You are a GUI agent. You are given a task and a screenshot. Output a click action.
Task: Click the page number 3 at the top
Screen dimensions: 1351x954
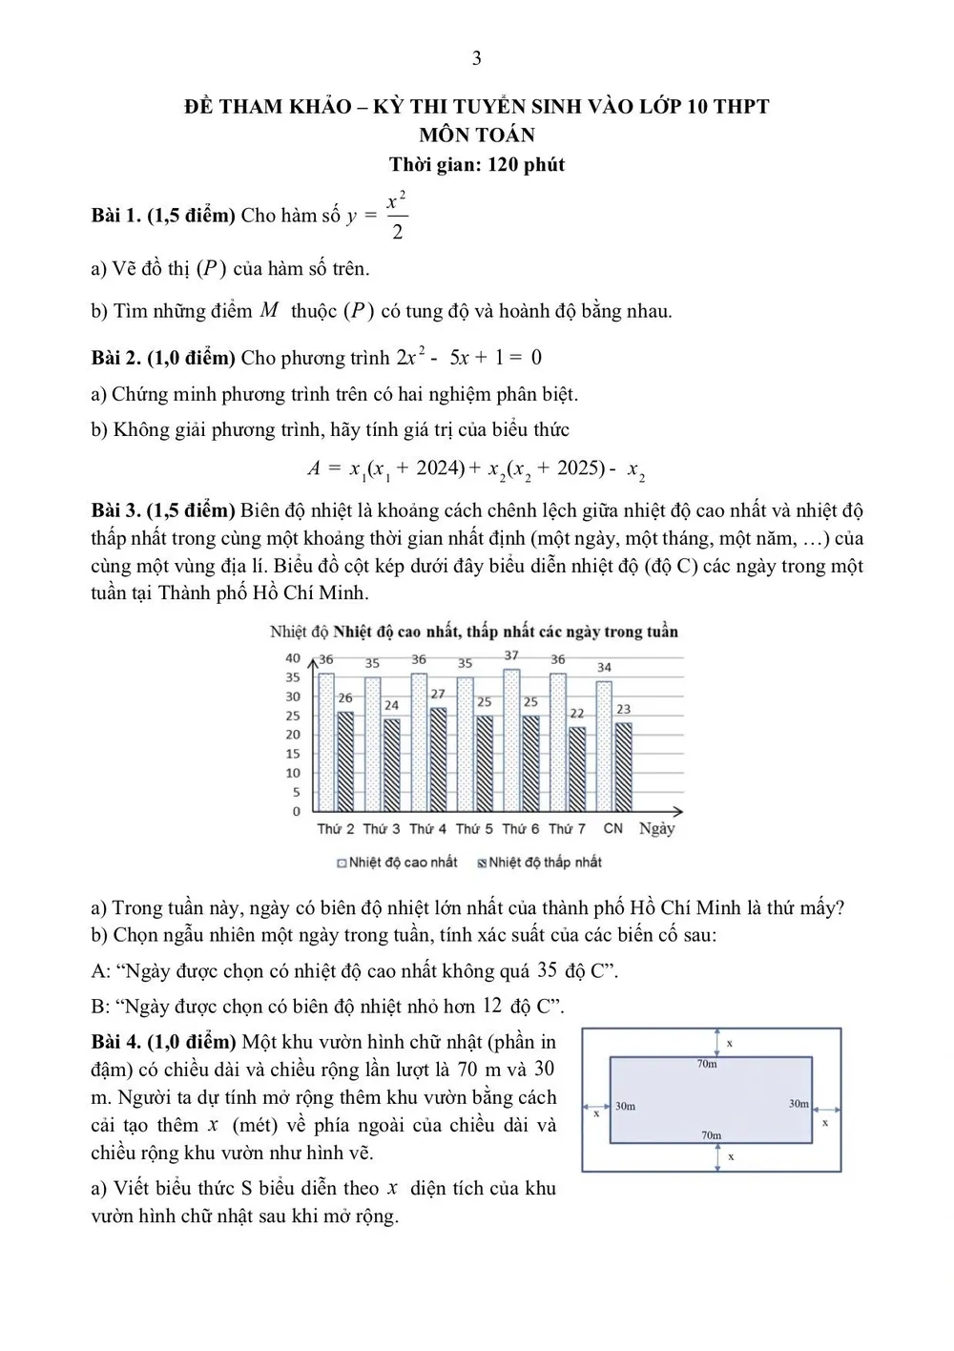click(x=476, y=58)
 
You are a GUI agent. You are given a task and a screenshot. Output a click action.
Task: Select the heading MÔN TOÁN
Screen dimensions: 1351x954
click(x=476, y=135)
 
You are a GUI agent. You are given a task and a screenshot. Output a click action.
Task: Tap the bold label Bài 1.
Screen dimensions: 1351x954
click(x=115, y=216)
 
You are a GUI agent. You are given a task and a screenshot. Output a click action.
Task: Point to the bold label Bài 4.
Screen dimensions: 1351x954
click(x=115, y=1042)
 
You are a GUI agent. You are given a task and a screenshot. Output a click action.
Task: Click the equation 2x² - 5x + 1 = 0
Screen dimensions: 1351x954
click(x=468, y=358)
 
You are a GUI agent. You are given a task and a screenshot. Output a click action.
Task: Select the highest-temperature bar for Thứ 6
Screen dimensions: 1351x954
click(x=512, y=739)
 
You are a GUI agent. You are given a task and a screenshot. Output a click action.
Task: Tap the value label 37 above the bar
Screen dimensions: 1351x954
click(x=512, y=655)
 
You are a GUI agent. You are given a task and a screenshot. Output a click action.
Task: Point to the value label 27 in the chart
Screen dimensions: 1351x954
click(x=438, y=695)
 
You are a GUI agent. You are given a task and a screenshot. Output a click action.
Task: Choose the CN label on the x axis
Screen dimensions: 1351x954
click(x=612, y=828)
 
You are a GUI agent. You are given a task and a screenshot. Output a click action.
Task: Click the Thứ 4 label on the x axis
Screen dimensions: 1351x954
click(x=427, y=829)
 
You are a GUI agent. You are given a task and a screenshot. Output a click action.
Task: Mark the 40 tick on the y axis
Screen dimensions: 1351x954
click(x=293, y=658)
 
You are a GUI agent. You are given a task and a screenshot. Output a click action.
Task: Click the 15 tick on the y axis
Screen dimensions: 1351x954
click(x=293, y=754)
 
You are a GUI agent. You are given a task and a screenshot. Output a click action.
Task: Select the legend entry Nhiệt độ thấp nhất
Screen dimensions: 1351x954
click(x=540, y=863)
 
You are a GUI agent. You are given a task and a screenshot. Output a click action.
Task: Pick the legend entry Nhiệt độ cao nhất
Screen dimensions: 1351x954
click(x=398, y=863)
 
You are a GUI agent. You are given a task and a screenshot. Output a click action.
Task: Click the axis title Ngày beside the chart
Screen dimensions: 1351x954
click(x=656, y=828)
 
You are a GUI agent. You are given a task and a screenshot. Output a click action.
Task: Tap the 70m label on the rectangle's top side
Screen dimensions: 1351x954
click(x=707, y=1064)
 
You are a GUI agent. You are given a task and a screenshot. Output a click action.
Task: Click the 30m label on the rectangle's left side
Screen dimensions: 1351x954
click(x=625, y=1106)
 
